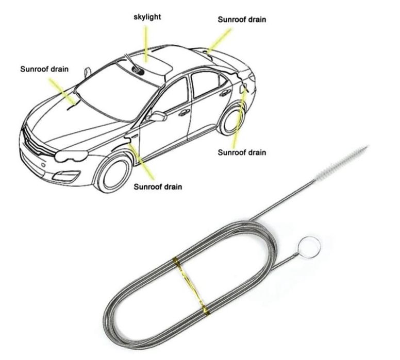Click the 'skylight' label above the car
click(x=147, y=18)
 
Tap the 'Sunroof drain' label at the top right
click(x=242, y=20)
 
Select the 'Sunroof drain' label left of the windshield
click(x=44, y=69)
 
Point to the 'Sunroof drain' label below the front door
click(x=158, y=186)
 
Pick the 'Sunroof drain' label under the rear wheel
click(x=242, y=152)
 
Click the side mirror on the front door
click(x=158, y=116)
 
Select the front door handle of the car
click(x=184, y=112)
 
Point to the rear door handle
click(x=225, y=93)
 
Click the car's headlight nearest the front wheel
click(x=71, y=156)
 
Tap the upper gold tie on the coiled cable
click(x=176, y=262)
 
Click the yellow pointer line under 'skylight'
click(x=146, y=44)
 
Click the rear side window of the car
click(x=207, y=84)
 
